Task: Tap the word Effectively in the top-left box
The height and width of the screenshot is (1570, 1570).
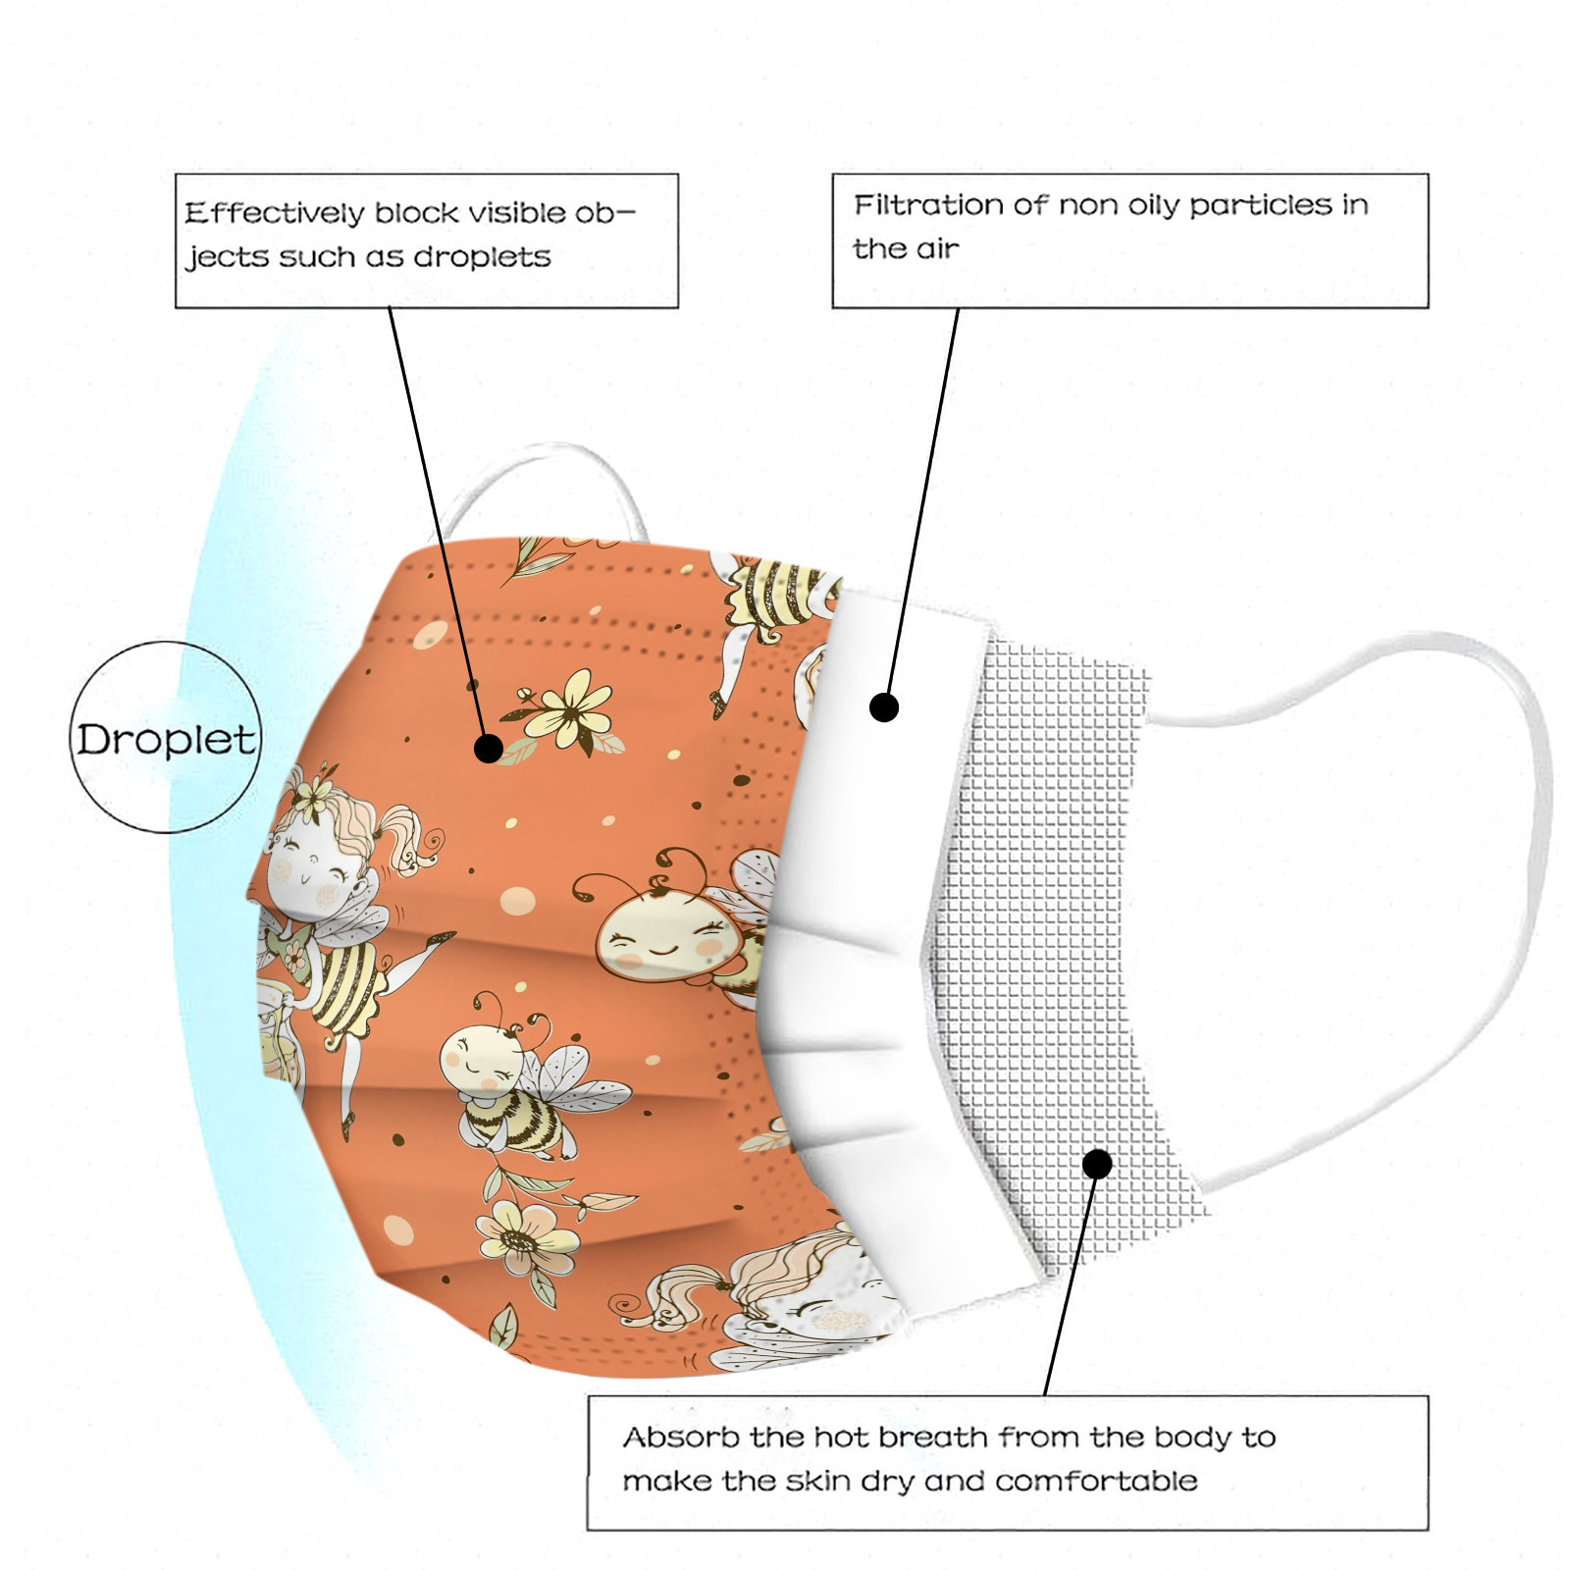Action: click(274, 213)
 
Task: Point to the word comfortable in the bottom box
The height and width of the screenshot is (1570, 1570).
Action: click(1096, 1481)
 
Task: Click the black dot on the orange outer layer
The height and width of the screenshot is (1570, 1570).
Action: click(489, 749)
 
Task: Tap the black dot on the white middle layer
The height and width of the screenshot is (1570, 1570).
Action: click(884, 706)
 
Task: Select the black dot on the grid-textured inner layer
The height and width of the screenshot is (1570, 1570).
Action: click(1097, 1164)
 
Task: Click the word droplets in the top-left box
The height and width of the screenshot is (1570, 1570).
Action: click(482, 257)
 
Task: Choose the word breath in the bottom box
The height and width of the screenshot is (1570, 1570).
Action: click(933, 1438)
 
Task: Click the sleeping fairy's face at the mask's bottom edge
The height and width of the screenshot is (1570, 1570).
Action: click(834, 1305)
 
